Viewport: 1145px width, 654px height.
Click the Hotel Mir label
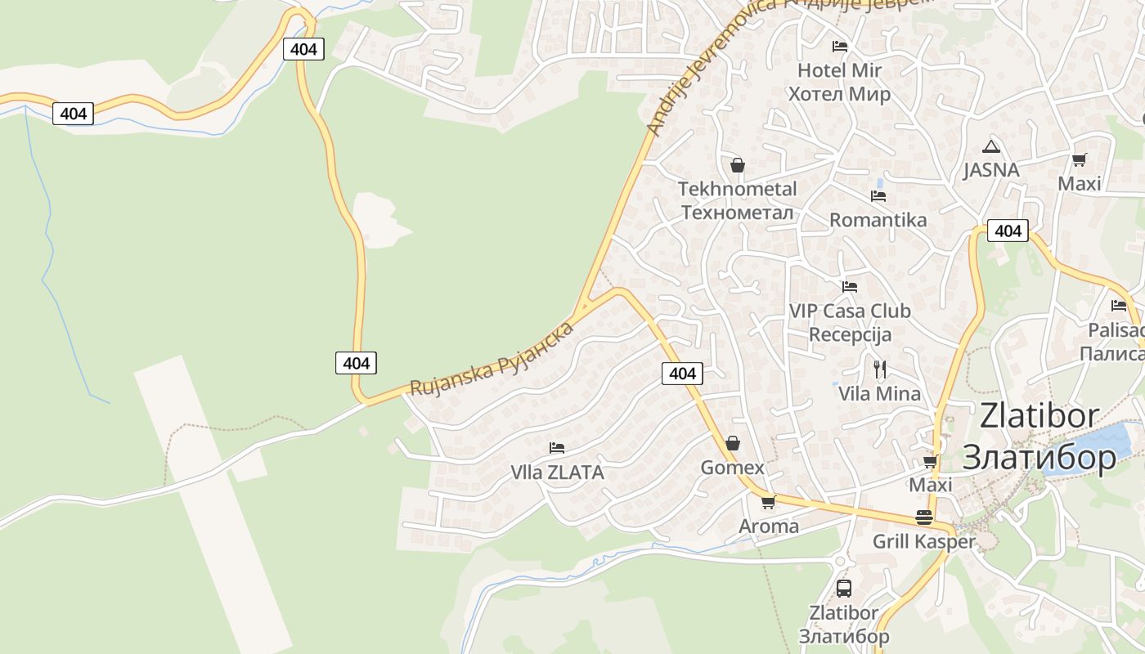[x=839, y=82]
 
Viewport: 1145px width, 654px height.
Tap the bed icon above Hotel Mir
[x=840, y=46]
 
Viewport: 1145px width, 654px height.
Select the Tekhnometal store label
[x=737, y=200]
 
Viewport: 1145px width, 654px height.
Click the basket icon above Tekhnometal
[x=738, y=166]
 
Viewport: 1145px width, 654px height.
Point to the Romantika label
[x=878, y=220]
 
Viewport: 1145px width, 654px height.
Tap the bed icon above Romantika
[x=878, y=196]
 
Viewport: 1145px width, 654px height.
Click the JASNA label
[x=991, y=170]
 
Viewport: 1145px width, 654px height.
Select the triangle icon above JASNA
[x=991, y=147]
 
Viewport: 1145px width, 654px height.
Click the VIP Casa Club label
[x=850, y=322]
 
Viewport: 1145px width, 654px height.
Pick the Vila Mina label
[x=879, y=393]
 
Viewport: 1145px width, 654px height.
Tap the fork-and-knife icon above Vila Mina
[x=880, y=370]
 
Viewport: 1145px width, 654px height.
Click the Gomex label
[x=733, y=468]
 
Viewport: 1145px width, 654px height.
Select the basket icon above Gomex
[x=733, y=443]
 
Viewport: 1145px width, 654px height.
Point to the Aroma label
[x=769, y=526]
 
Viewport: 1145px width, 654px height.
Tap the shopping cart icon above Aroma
[x=768, y=502]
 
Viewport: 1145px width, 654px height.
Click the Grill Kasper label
[x=924, y=541]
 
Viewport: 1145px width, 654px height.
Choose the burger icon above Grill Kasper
[x=924, y=517]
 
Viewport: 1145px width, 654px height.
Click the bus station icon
[x=844, y=588]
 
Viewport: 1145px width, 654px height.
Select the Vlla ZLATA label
[x=557, y=472]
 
